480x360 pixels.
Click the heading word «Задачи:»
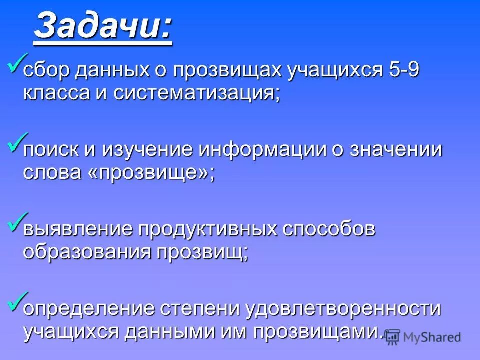103,27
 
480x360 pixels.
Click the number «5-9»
403,70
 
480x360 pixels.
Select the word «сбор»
47,70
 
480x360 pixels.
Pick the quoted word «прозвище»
153,173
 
